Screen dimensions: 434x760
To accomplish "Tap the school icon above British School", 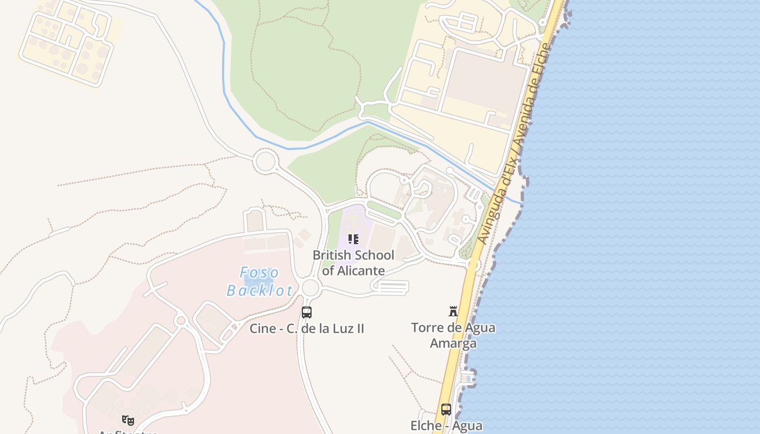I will point(353,239).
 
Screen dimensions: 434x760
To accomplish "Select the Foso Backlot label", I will point(259,281).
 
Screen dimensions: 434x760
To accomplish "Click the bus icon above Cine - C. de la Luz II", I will point(307,312).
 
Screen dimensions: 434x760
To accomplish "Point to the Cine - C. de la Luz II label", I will point(307,328).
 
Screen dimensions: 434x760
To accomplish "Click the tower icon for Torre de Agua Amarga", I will point(453,311).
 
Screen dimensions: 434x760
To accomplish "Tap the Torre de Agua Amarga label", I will point(453,335).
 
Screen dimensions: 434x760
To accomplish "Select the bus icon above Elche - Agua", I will point(446,410).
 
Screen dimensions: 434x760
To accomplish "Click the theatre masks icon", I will point(128,419).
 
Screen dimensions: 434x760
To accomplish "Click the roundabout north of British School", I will point(265,161).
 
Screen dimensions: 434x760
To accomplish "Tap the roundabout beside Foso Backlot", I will point(311,288).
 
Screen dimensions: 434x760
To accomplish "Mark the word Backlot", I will point(259,290).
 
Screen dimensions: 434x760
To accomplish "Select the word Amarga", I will point(453,343).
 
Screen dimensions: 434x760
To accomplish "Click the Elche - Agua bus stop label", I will point(446,426).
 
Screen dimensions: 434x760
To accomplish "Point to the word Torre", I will point(428,328).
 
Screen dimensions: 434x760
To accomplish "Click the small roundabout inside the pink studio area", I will point(181,321).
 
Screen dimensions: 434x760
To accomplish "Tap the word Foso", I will point(259,272).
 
